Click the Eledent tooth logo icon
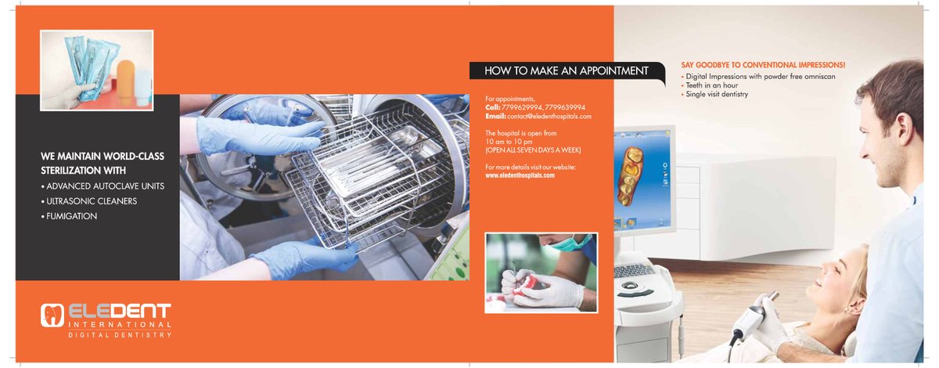(x=51, y=315)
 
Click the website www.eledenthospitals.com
(x=520, y=175)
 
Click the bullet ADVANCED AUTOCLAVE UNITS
(x=102, y=186)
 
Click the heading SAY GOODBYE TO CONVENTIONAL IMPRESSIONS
(x=764, y=65)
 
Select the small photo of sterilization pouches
(x=97, y=69)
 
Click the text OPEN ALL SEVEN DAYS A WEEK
(x=533, y=150)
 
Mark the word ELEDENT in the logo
(x=118, y=312)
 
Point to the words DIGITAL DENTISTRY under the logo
(x=120, y=334)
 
